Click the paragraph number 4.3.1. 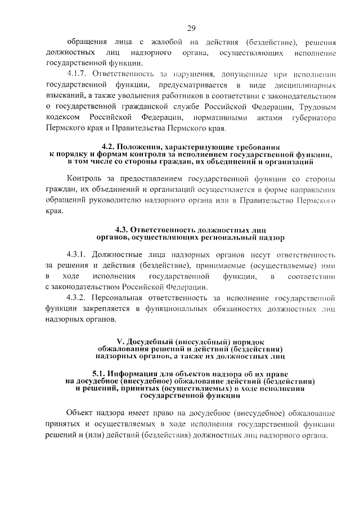tap(77, 254)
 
